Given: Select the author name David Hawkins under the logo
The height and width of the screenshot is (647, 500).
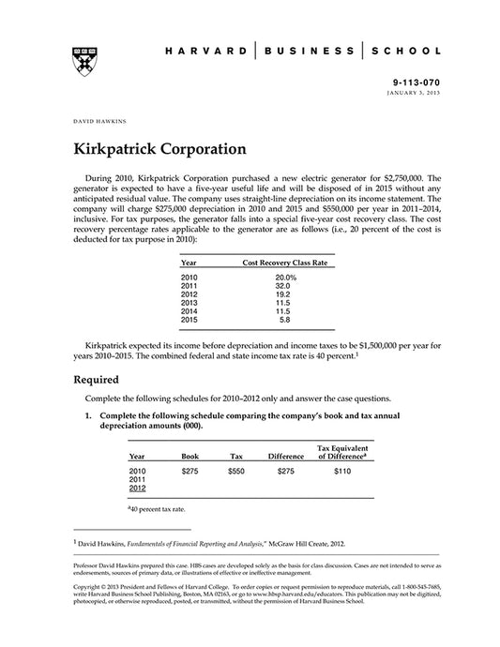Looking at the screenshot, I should (98, 120).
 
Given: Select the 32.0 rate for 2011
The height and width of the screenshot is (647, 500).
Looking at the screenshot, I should (285, 285).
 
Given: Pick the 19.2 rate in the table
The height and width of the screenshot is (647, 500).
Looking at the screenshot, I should (285, 293).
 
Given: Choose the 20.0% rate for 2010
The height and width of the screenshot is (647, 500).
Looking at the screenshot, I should (286, 278).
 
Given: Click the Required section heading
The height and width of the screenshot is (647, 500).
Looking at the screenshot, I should (96, 380).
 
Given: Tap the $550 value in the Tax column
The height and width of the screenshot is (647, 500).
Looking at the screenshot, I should (236, 472).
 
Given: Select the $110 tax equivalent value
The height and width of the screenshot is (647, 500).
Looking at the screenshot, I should (342, 472).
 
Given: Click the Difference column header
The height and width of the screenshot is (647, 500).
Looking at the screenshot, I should (286, 456).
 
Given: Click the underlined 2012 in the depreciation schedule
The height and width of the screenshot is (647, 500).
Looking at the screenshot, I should (138, 489).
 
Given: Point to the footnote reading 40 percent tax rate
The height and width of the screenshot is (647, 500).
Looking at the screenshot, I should (156, 508).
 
